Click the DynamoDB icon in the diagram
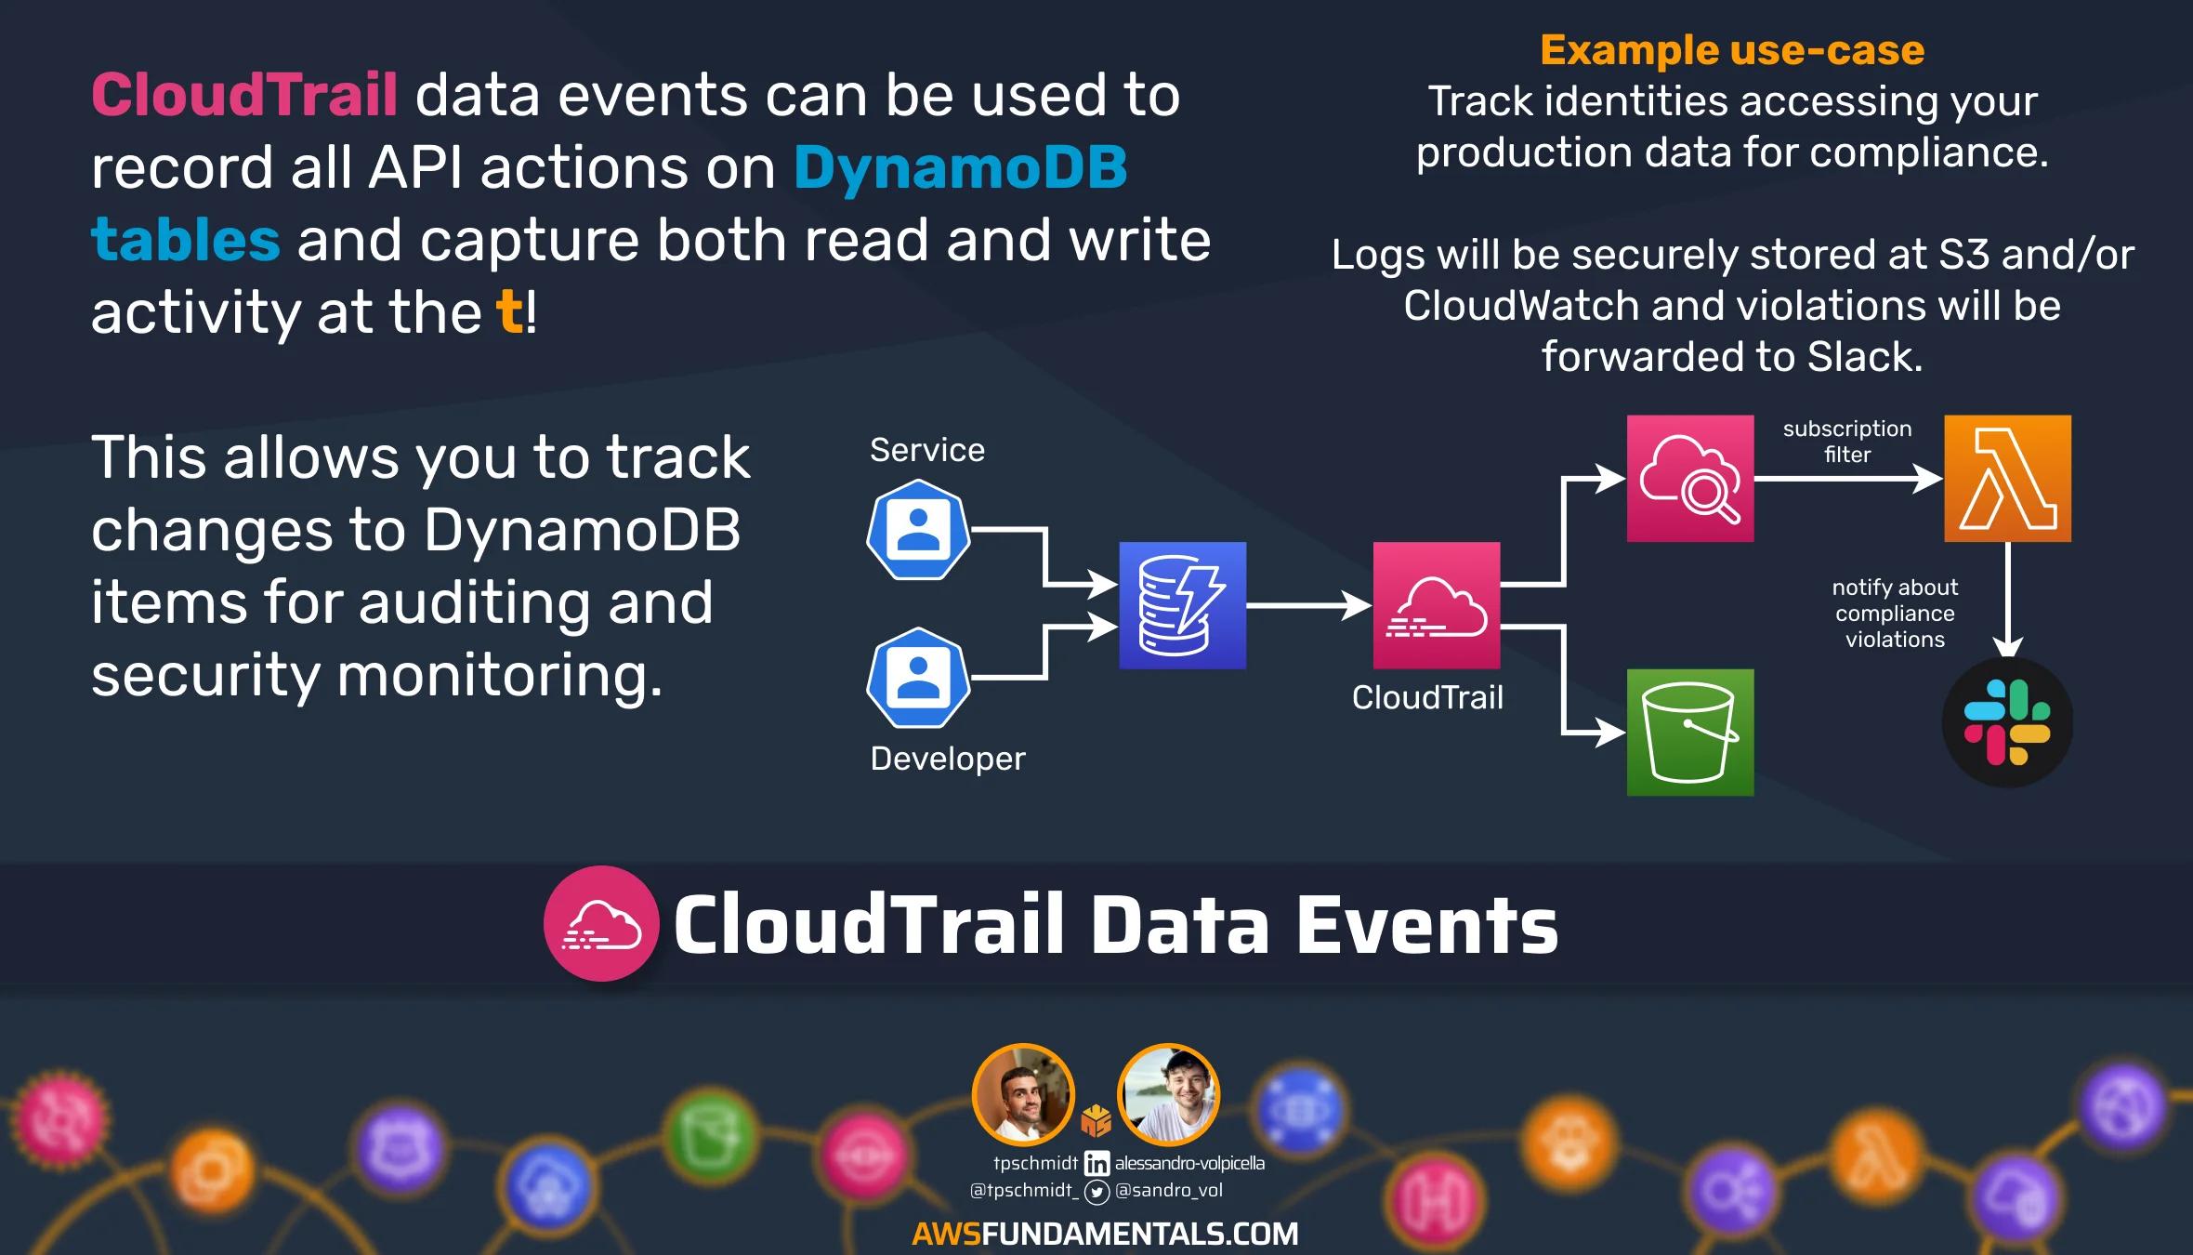click(x=1182, y=605)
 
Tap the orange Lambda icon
click(x=2007, y=479)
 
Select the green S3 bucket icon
click(x=1690, y=733)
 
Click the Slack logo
click(x=2007, y=722)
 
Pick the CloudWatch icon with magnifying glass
click(x=1690, y=479)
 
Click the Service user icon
click(x=918, y=530)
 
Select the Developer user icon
click(x=918, y=678)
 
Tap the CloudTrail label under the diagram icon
click(x=1427, y=697)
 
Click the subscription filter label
click(x=1846, y=442)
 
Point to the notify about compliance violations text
click(x=1895, y=614)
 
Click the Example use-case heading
click(x=1732, y=50)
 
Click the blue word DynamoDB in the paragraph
click(x=960, y=167)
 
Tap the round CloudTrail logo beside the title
click(x=601, y=923)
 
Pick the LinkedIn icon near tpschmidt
click(x=1096, y=1163)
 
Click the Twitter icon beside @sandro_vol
click(x=1097, y=1192)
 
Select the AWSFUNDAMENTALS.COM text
click(x=1105, y=1234)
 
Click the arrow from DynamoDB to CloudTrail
click(x=1308, y=606)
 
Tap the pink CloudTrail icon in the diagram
click(x=1437, y=605)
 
